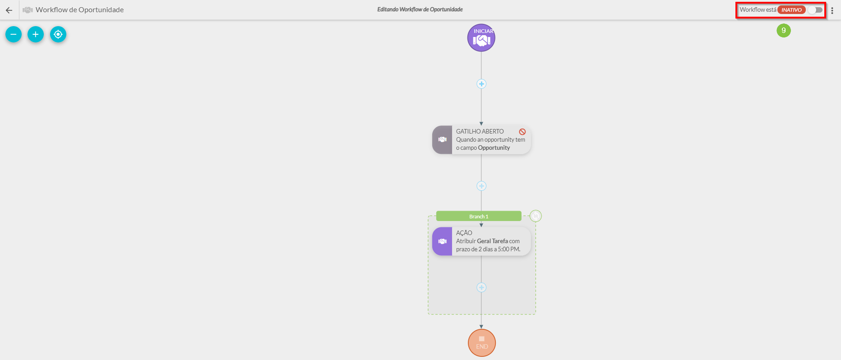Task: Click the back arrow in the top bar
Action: [x=9, y=10]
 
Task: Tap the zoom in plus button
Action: [x=36, y=34]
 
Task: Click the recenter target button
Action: [x=58, y=34]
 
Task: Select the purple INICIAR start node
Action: [x=481, y=38]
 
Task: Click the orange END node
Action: [x=482, y=343]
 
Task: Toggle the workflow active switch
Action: [x=815, y=10]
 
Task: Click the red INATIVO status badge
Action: [x=791, y=10]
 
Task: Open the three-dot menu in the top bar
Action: [x=832, y=10]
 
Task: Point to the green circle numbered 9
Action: [x=784, y=31]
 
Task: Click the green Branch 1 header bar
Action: [x=479, y=217]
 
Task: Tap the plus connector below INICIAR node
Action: [x=481, y=84]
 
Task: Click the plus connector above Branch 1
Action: [x=481, y=186]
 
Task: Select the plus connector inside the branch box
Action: [x=481, y=287]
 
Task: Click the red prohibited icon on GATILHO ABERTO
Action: [x=522, y=132]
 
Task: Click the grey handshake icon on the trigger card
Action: [x=442, y=140]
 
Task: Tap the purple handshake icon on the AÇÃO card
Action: [x=442, y=241]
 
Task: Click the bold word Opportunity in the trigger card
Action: [x=494, y=148]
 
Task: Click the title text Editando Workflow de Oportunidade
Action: [x=420, y=9]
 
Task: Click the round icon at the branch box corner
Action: [x=536, y=216]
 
